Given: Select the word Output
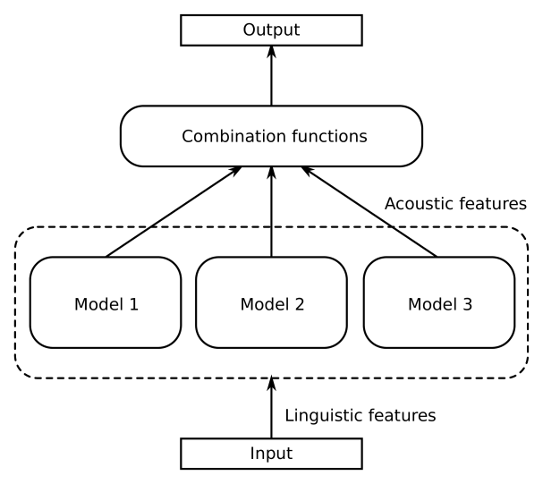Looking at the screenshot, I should [x=271, y=30].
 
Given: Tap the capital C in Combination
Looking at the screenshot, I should [x=188, y=137].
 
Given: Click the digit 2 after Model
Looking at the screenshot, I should [x=300, y=304].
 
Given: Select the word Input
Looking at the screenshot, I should [x=271, y=454].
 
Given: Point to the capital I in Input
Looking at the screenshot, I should [x=252, y=454].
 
